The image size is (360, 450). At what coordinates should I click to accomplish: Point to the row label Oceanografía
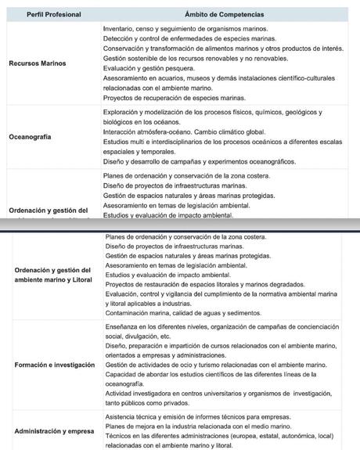tap(30, 136)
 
